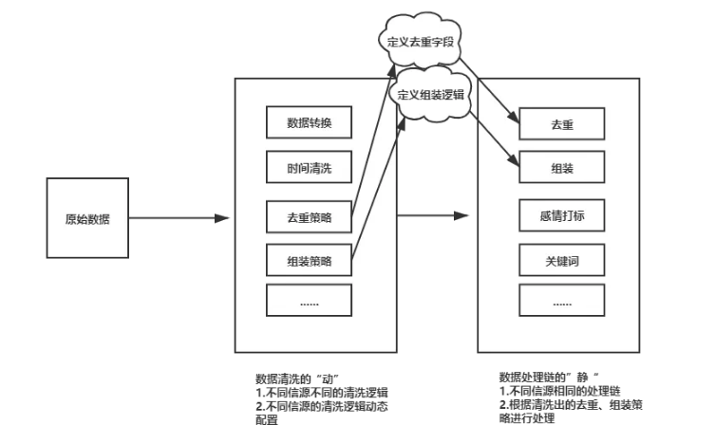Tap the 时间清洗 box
(x=309, y=169)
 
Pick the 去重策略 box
(x=309, y=213)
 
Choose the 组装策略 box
(x=309, y=257)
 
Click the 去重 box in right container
(x=562, y=124)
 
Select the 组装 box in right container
(x=562, y=169)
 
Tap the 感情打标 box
(x=562, y=213)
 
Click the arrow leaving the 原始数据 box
(x=180, y=219)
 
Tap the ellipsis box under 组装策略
(x=309, y=301)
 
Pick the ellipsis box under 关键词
(x=562, y=301)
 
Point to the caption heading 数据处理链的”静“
(x=546, y=377)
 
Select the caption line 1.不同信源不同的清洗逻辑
(x=323, y=390)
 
